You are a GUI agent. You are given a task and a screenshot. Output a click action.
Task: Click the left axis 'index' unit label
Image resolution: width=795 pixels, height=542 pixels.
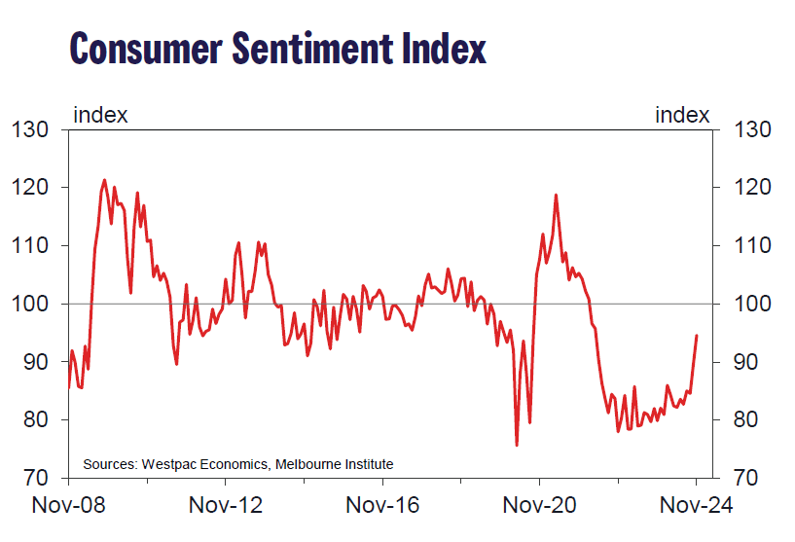(x=100, y=116)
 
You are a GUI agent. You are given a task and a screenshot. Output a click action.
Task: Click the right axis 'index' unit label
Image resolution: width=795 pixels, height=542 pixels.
(x=682, y=116)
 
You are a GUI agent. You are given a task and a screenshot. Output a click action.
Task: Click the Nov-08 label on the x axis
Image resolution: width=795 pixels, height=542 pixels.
(x=69, y=506)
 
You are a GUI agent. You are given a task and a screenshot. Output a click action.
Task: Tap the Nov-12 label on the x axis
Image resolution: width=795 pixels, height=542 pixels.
(x=226, y=506)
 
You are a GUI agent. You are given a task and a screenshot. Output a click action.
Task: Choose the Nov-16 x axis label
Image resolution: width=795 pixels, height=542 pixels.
(x=382, y=506)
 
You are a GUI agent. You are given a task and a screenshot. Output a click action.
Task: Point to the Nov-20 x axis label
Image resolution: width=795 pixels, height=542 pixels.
(x=539, y=506)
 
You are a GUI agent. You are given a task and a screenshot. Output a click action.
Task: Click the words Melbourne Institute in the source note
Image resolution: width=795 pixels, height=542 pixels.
(x=335, y=463)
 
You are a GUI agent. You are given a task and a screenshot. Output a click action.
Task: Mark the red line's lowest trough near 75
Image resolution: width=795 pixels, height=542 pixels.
(x=517, y=445)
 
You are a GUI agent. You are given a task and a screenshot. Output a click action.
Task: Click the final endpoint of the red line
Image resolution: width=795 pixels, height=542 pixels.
(x=697, y=336)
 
